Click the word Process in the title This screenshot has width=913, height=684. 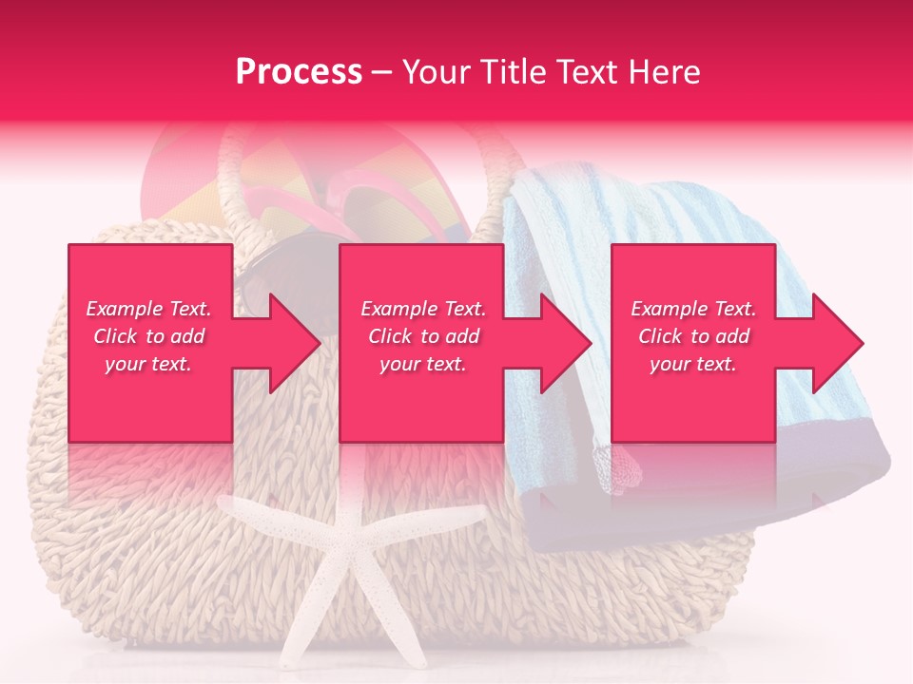pyautogui.click(x=299, y=71)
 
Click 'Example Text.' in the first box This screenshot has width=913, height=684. pyautogui.click(x=149, y=309)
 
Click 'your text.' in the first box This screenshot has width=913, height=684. pyautogui.click(x=148, y=364)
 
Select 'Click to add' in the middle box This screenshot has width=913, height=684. pyautogui.click(x=423, y=336)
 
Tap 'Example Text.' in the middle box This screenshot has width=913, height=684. pyautogui.click(x=423, y=309)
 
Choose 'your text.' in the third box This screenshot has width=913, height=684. pyautogui.click(x=693, y=364)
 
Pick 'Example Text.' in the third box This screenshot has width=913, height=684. pyautogui.click(x=693, y=309)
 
